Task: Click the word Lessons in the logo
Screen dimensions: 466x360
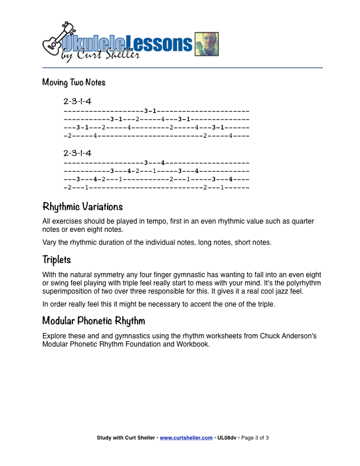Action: [x=160, y=43]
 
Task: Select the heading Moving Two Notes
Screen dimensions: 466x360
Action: [x=74, y=82]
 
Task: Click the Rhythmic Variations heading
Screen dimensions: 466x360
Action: [x=82, y=207]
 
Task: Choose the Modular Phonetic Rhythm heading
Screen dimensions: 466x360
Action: [x=94, y=321]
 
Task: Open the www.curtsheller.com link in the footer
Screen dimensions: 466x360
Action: [x=186, y=438]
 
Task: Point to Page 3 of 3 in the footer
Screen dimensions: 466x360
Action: [x=255, y=438]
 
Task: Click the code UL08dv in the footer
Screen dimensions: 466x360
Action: [x=226, y=438]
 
